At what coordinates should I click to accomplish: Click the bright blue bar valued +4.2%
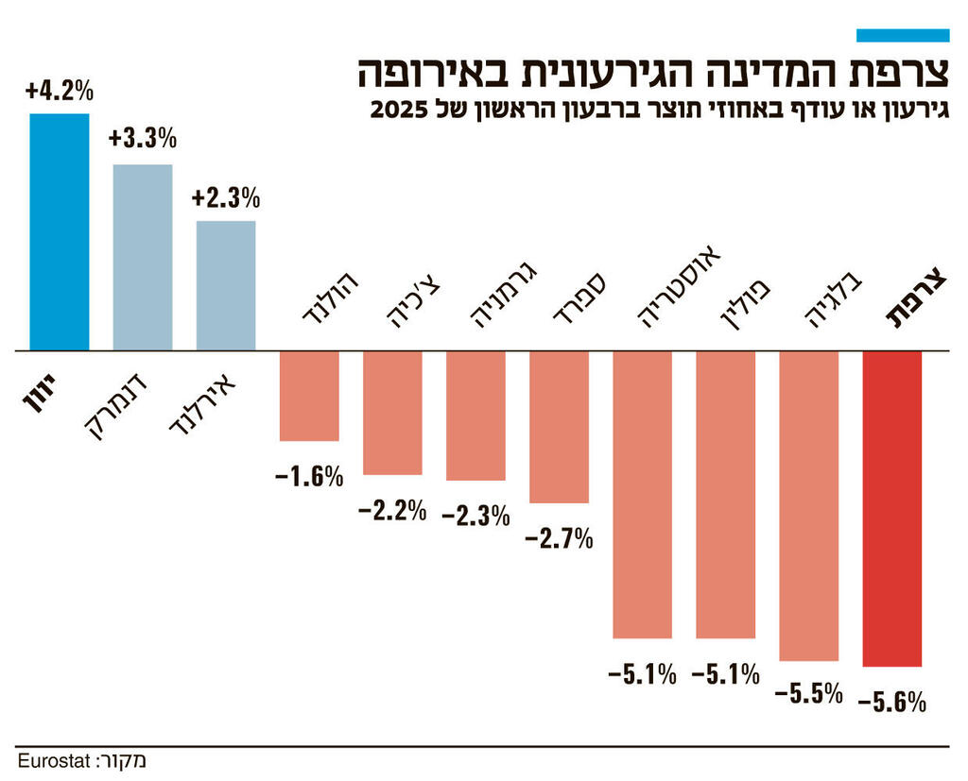[x=60, y=231]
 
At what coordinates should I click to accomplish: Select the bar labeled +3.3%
[x=143, y=257]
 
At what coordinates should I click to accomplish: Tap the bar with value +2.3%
[x=226, y=285]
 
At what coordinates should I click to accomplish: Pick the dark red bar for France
[x=892, y=508]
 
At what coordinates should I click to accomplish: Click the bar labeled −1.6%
[x=309, y=395]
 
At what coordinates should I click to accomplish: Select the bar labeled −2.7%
[x=559, y=426]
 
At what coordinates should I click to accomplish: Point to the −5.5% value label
[x=808, y=694]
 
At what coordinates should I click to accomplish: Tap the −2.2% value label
[x=392, y=511]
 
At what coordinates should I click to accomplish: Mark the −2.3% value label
[x=475, y=516]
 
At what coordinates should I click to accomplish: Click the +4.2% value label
[x=60, y=92]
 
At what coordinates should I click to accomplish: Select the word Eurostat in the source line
[x=48, y=759]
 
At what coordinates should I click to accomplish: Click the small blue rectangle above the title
[x=902, y=35]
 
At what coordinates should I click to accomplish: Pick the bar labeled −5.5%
[x=809, y=505]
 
